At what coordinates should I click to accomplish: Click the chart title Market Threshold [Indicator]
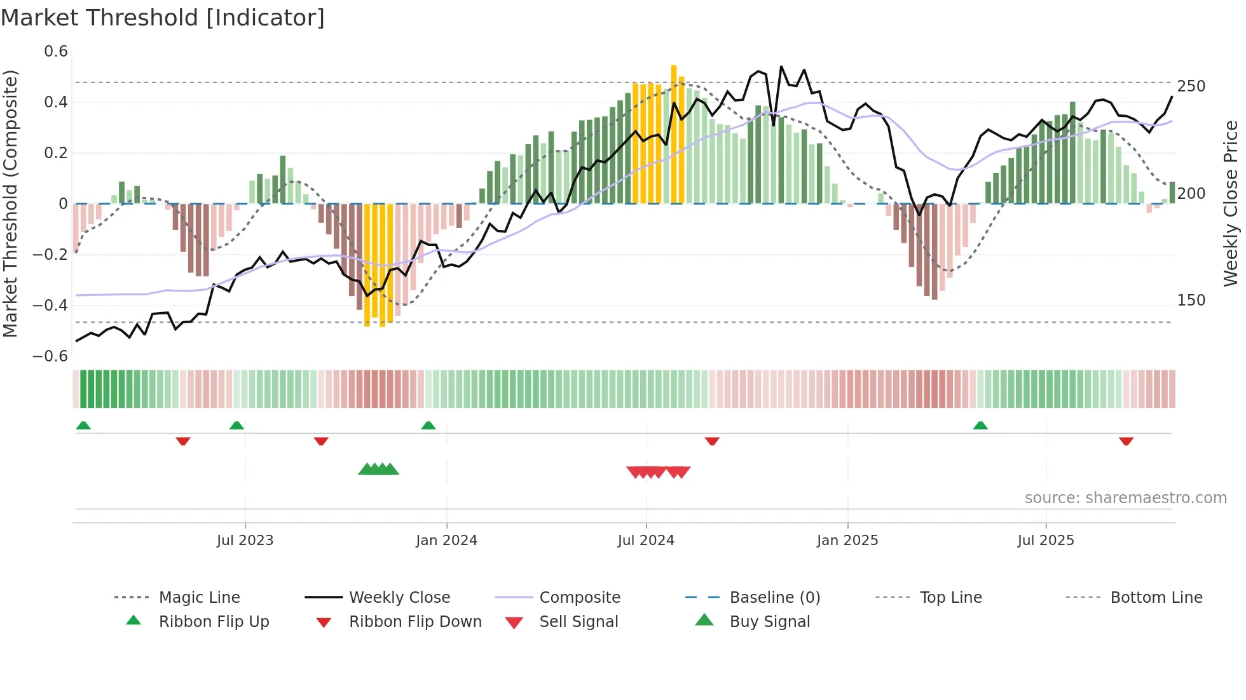pyautogui.click(x=163, y=18)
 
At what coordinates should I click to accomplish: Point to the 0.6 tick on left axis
pyautogui.click(x=56, y=51)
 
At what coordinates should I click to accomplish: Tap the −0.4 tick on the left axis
pyautogui.click(x=50, y=305)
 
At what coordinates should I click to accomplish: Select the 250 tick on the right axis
pyautogui.click(x=1191, y=86)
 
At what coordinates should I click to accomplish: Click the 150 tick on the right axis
pyautogui.click(x=1191, y=300)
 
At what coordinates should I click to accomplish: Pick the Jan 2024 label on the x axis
pyautogui.click(x=446, y=541)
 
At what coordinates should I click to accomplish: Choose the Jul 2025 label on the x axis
pyautogui.click(x=1046, y=541)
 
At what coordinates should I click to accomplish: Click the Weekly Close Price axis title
pyautogui.click(x=1231, y=203)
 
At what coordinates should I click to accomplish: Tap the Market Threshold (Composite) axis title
pyautogui.click(x=10, y=203)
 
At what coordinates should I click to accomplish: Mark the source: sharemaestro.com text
pyautogui.click(x=1125, y=498)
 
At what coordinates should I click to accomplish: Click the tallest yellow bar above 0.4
pyautogui.click(x=674, y=133)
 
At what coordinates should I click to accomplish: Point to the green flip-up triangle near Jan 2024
pyautogui.click(x=428, y=426)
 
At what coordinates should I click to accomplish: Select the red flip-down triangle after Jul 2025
pyautogui.click(x=1126, y=441)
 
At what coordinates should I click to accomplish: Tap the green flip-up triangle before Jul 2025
pyautogui.click(x=980, y=426)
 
